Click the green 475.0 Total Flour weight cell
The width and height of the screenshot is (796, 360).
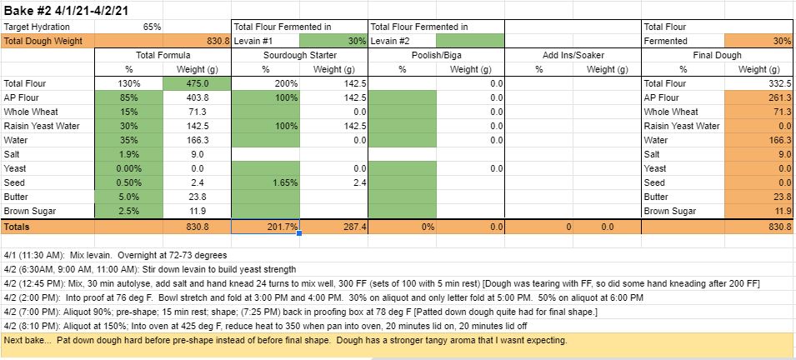coord(198,83)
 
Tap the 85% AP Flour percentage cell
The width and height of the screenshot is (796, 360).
coord(129,97)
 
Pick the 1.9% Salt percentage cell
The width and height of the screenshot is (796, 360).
coord(129,154)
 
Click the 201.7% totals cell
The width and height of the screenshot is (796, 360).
coord(265,226)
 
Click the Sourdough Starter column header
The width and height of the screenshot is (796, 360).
coord(299,54)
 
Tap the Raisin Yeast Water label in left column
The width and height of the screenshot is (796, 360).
coord(41,126)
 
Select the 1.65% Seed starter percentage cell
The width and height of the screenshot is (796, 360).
coord(265,182)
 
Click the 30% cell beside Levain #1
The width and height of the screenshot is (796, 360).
coord(333,40)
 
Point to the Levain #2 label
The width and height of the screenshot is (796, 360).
coord(391,41)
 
